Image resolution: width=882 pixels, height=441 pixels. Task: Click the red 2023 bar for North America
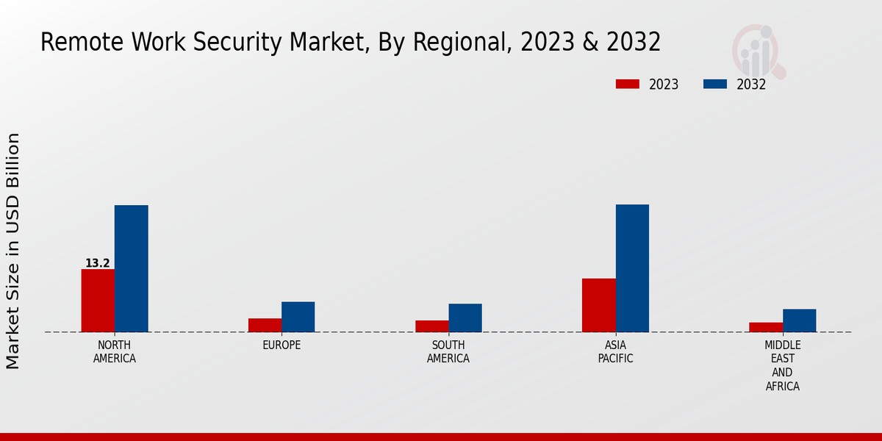(x=98, y=301)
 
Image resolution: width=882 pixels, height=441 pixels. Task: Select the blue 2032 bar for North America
(x=131, y=268)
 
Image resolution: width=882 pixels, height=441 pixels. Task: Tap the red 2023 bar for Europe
(x=265, y=325)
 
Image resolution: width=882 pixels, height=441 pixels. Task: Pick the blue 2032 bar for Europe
(x=298, y=317)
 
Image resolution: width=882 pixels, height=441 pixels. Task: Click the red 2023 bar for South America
(x=431, y=326)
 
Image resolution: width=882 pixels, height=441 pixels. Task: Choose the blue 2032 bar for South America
(x=465, y=318)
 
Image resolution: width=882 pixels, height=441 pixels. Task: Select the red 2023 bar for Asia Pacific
(x=598, y=305)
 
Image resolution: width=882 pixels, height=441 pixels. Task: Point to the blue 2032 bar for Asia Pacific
(x=632, y=268)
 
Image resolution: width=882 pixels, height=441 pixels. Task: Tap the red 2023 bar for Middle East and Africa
(x=766, y=327)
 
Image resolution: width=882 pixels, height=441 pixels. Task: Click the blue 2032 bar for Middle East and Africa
(x=799, y=320)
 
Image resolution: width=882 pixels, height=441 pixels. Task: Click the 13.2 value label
(x=98, y=263)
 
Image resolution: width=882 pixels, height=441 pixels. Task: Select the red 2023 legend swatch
(x=627, y=84)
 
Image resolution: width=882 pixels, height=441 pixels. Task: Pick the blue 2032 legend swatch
(x=714, y=84)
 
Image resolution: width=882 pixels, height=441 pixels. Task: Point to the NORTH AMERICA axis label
(x=115, y=352)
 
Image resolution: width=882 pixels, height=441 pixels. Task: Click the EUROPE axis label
(x=282, y=345)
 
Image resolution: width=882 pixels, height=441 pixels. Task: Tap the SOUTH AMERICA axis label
(x=448, y=352)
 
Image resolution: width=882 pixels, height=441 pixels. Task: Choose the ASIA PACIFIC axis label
(x=615, y=352)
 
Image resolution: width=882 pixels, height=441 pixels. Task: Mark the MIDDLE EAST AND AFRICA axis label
(x=783, y=365)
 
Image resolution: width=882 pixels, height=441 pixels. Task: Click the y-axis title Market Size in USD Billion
(x=13, y=251)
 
